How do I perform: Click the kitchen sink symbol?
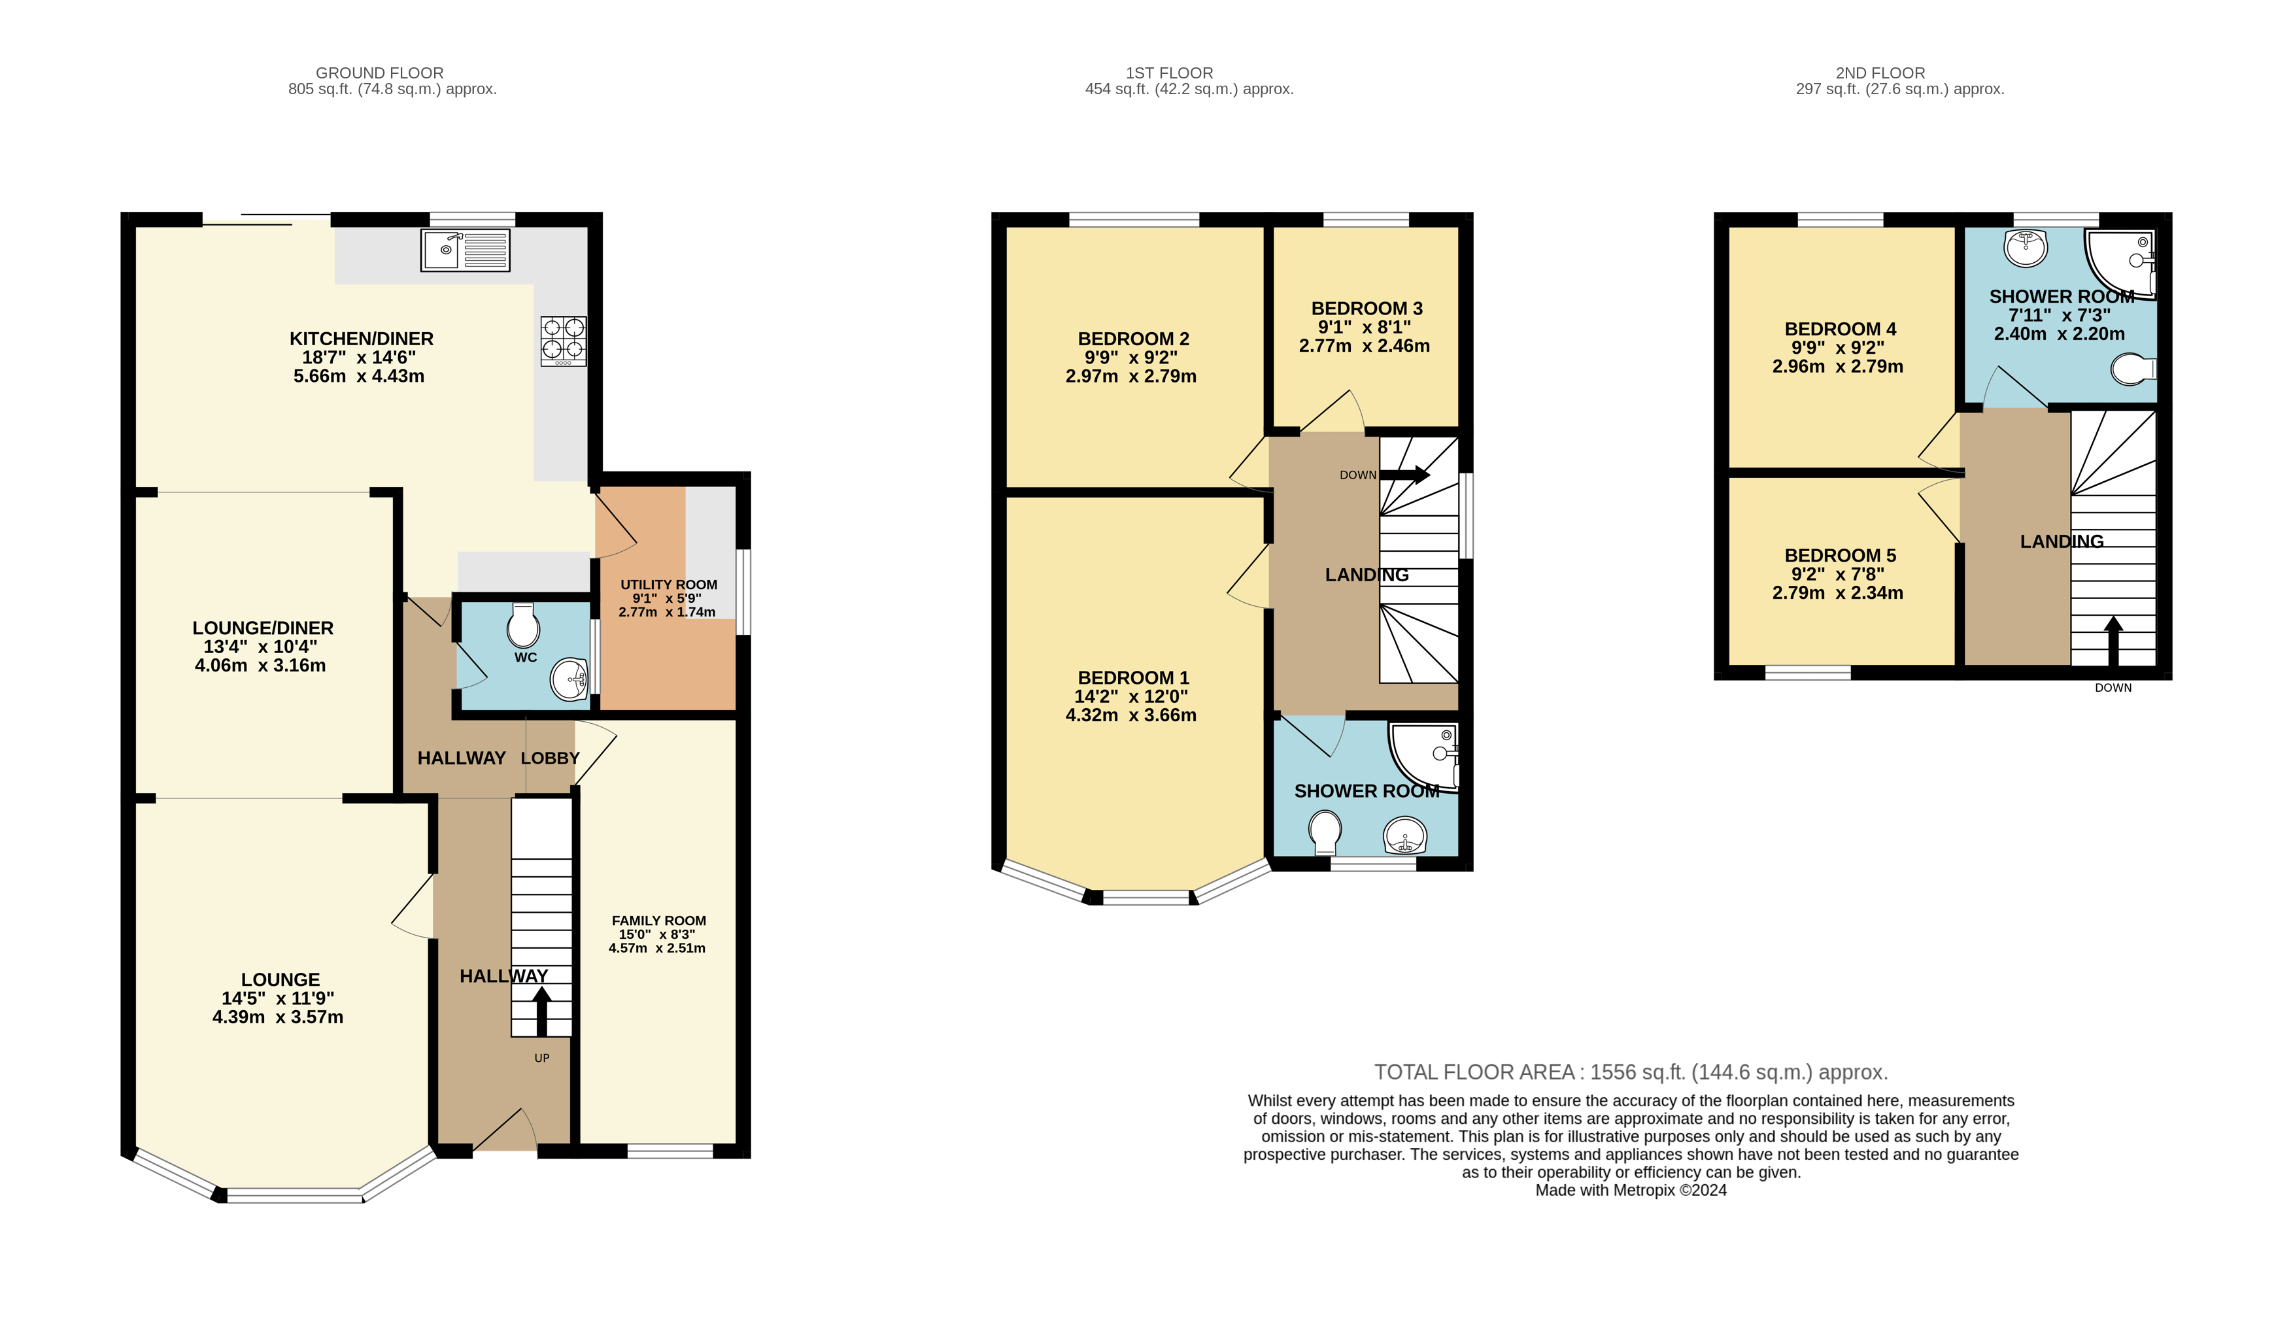click(465, 250)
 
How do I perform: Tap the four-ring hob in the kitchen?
click(563, 340)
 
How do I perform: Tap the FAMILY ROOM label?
click(658, 920)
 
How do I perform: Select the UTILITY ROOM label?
click(668, 585)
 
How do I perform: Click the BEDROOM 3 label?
click(1366, 308)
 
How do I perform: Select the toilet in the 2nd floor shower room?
click(2133, 369)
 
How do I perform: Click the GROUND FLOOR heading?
click(379, 73)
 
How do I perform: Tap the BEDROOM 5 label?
click(1839, 554)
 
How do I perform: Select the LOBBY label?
click(549, 758)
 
